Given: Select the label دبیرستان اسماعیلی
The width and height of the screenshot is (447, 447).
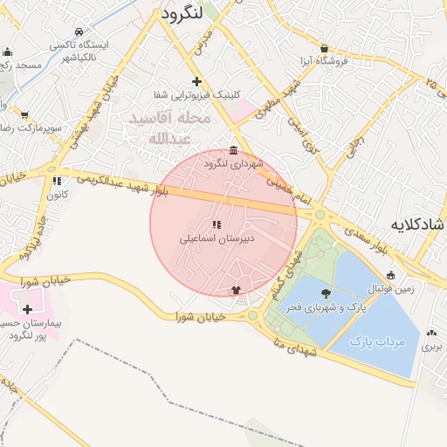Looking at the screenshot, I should pyautogui.click(x=217, y=237).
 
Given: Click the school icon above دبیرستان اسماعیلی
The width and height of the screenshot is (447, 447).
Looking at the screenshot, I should pyautogui.click(x=217, y=224).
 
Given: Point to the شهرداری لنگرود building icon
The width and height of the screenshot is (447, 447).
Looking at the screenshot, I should pyautogui.click(x=233, y=150).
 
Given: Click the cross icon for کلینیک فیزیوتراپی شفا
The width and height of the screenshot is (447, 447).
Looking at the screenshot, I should pyautogui.click(x=197, y=81).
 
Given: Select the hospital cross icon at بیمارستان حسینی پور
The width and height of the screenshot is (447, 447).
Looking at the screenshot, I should pyautogui.click(x=28, y=309).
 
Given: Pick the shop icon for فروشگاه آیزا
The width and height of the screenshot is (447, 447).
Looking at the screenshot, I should pyautogui.click(x=325, y=49).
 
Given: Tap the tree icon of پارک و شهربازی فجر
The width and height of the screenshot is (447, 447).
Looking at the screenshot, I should pyautogui.click(x=327, y=293).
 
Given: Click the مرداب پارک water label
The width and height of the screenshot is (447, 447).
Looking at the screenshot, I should pyautogui.click(x=378, y=341).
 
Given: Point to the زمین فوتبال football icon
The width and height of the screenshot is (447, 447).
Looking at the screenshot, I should pyautogui.click(x=390, y=273).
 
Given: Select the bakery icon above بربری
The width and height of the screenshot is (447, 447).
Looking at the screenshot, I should pyautogui.click(x=431, y=333).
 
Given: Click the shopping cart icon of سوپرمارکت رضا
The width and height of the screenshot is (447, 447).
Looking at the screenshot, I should pyautogui.click(x=24, y=115).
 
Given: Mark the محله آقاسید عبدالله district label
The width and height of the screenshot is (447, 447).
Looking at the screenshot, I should pyautogui.click(x=170, y=128).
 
